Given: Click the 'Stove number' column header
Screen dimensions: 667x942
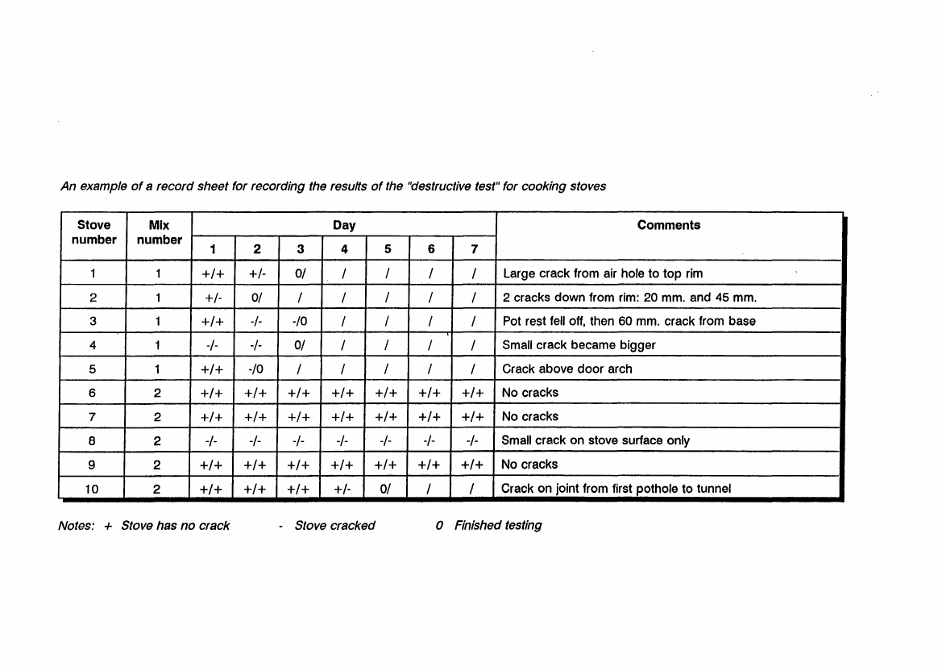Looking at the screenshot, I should [93, 232].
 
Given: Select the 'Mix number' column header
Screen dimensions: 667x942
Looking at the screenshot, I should [160, 232].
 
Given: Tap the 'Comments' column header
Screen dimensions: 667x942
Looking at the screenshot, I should [668, 226].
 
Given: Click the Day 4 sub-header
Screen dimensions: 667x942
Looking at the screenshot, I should [344, 250].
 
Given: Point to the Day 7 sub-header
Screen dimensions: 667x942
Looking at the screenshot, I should [475, 250].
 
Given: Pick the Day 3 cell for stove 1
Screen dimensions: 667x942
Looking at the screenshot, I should [301, 273].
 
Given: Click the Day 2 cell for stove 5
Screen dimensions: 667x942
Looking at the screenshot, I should [257, 369].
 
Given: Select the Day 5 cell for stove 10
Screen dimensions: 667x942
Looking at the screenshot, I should [388, 488].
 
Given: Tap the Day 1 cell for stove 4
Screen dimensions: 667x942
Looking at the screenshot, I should [213, 345].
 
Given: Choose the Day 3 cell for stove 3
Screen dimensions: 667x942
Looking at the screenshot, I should [301, 321].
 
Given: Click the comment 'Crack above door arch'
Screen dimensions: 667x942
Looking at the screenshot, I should [567, 369].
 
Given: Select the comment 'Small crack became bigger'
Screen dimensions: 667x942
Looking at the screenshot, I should [579, 345].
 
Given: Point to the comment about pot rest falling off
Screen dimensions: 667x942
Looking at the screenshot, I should [629, 321].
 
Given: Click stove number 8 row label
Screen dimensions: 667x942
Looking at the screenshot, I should [93, 440].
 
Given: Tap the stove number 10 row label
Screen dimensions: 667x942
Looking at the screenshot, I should [93, 488].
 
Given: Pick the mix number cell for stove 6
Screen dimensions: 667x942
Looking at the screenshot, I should [159, 393].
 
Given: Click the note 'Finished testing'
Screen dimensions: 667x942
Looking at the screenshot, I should [497, 526].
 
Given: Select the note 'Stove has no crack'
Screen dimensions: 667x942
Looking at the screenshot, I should [175, 526].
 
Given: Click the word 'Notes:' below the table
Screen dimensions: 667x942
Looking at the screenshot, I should [77, 526].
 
